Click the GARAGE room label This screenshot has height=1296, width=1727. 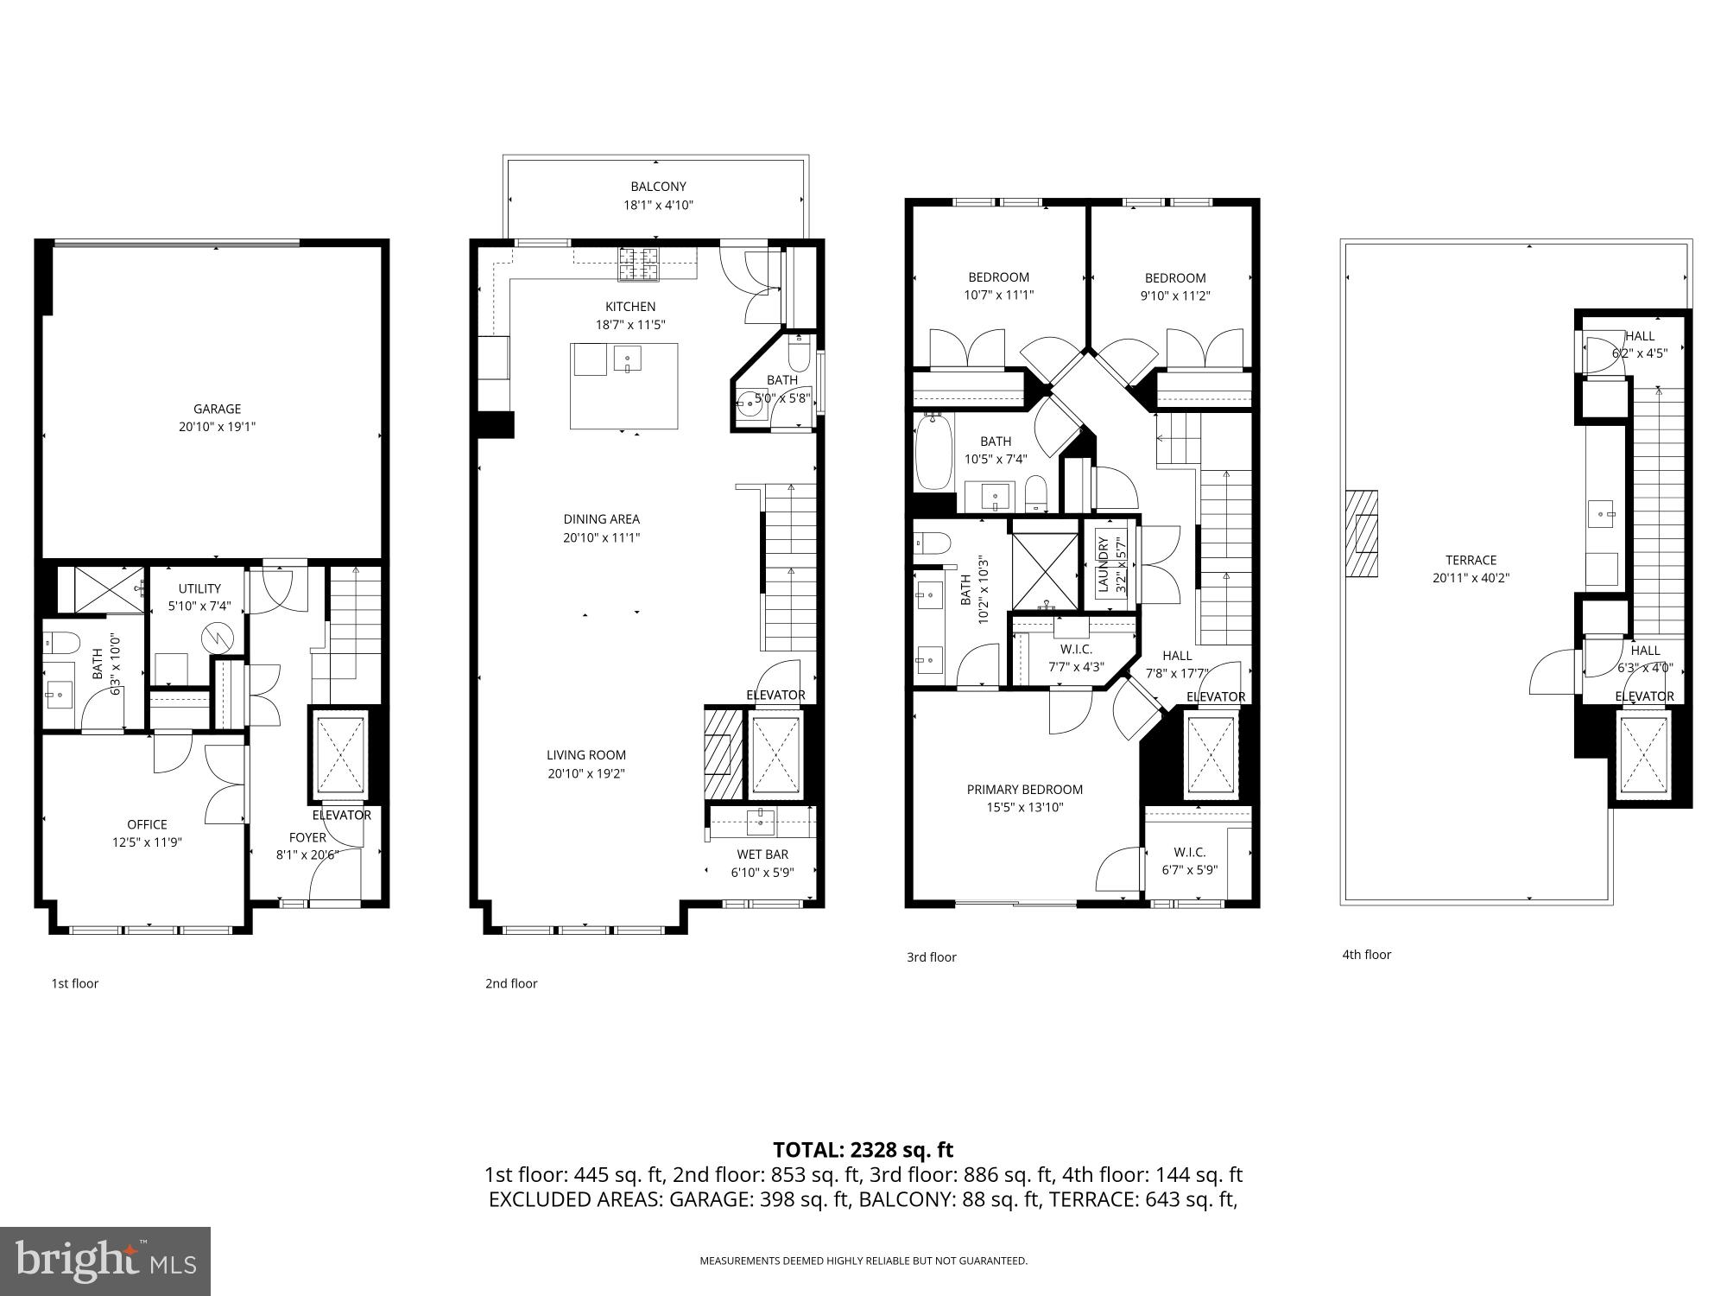click(217, 409)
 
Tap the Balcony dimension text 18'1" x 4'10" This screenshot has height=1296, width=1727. click(658, 206)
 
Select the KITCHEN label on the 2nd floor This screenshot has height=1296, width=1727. click(630, 307)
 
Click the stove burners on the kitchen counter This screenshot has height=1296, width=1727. click(637, 264)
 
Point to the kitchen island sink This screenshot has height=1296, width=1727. click(627, 358)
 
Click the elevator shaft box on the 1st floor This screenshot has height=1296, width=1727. click(338, 754)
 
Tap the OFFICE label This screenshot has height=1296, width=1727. click(147, 824)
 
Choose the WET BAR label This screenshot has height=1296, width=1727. click(762, 854)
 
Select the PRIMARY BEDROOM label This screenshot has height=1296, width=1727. click(1024, 789)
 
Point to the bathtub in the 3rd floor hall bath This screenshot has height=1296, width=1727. click(933, 453)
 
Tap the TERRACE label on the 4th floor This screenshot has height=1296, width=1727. click(1471, 560)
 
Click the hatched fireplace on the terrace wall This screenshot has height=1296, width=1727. click(1362, 534)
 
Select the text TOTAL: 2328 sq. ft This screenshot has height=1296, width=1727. click(863, 1150)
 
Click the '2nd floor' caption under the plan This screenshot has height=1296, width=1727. click(511, 983)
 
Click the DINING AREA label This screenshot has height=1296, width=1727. click(601, 519)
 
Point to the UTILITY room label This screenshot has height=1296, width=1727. click(199, 588)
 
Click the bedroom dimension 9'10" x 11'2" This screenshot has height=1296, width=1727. click(1174, 295)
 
